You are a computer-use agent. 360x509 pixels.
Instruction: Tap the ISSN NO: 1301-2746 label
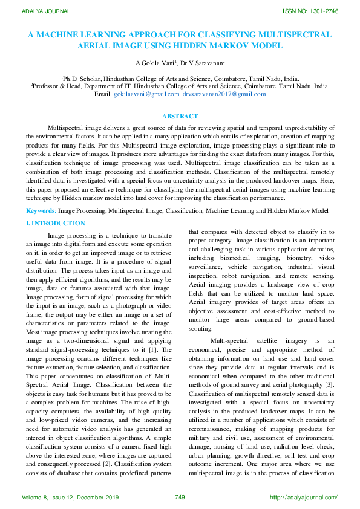309,11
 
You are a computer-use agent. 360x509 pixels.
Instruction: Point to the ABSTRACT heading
180,116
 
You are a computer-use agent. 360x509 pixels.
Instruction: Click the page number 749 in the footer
179,498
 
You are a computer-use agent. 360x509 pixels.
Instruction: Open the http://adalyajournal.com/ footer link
303,498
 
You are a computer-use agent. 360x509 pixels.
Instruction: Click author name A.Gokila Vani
155,62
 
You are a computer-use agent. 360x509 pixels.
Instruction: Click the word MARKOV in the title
234,45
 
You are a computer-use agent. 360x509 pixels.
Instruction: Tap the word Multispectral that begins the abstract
65,129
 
